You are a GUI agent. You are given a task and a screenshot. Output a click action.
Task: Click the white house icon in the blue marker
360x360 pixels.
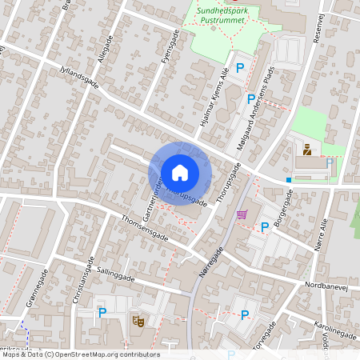[x=180, y=171]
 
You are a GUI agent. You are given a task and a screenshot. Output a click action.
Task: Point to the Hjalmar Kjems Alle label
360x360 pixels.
[x=214, y=100]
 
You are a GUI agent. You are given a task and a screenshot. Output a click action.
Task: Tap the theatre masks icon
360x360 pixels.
[x=138, y=321]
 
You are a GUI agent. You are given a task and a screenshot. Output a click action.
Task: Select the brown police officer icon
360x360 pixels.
[x=306, y=149]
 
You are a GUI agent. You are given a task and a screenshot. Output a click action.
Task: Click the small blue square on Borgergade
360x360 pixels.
[x=289, y=180]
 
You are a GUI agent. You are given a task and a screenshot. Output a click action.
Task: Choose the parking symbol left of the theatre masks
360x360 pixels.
[x=102, y=313]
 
